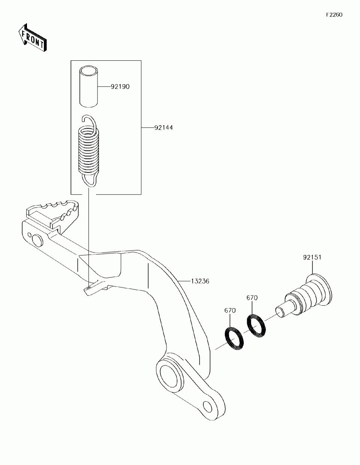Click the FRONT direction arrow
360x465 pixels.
(32, 38)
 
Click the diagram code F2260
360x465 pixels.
(334, 15)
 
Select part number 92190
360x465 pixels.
(120, 87)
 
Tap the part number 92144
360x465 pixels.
(163, 127)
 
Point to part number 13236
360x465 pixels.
(200, 281)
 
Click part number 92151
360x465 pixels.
(312, 258)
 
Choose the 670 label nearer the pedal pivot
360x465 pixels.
(230, 310)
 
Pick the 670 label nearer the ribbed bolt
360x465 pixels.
(252, 298)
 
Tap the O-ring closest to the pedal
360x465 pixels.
(234, 338)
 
